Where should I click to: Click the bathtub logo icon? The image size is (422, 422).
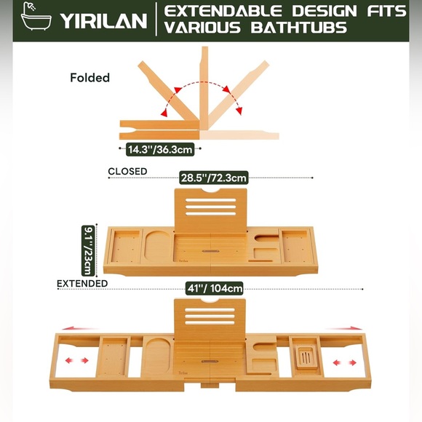point(36,16)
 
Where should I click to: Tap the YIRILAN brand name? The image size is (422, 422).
point(103,20)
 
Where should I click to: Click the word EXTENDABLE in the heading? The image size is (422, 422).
point(223,11)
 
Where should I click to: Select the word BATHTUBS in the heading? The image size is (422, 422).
point(299,28)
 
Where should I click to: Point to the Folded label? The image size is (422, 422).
point(90,78)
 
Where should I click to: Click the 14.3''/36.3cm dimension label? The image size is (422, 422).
point(160,149)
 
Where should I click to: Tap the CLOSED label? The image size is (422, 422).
point(127,172)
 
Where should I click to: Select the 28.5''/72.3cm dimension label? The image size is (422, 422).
point(213,178)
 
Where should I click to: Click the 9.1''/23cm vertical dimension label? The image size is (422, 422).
point(88,250)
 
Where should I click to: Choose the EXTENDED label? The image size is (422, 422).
point(82,284)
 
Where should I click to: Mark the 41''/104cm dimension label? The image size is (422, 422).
point(215,289)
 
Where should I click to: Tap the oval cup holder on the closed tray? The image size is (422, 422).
point(158,246)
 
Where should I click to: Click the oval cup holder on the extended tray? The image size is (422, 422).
point(158,355)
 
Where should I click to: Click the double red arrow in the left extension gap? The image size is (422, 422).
point(76,360)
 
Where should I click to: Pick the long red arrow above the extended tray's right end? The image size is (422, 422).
point(343,328)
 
